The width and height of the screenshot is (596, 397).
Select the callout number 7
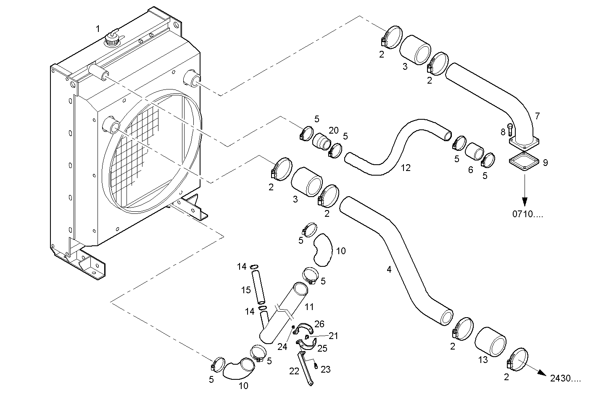[x=537, y=116]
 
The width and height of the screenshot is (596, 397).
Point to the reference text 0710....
[x=527, y=214]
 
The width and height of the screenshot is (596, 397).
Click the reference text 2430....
[x=565, y=379]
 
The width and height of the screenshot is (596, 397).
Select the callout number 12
[x=406, y=168]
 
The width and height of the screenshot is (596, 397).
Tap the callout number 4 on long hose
[x=389, y=269]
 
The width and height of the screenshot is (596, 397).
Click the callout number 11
[x=309, y=307]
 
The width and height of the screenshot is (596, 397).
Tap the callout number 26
[x=319, y=324]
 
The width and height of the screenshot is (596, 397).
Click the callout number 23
[x=326, y=369]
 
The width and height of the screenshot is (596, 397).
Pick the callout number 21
[x=333, y=336]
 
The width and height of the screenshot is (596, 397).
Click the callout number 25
[x=322, y=348]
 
